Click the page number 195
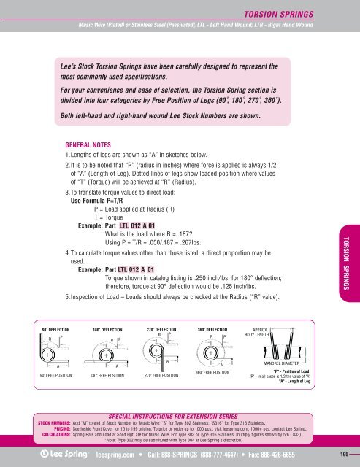point(343,452)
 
